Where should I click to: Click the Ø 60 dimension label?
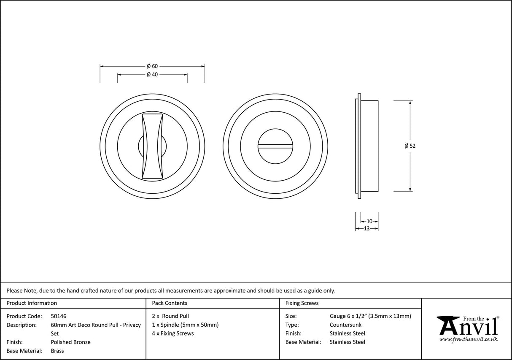152,66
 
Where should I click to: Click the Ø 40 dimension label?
152,75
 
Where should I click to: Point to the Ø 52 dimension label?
410,146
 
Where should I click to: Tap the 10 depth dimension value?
369,221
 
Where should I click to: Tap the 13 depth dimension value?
366,228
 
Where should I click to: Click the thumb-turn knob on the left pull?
152,146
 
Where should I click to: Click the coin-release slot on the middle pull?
275,146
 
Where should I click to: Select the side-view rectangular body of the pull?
369,146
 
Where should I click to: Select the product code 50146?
59,316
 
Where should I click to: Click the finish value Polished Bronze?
70,342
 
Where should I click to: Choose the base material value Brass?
57,351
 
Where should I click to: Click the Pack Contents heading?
170,303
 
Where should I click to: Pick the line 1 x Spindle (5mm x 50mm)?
185,325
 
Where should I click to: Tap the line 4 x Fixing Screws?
173,333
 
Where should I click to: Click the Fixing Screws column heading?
302,303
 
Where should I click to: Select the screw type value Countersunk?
345,325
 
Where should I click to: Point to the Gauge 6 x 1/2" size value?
370,316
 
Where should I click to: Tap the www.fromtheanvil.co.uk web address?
468,339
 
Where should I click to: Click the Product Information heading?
32,303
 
